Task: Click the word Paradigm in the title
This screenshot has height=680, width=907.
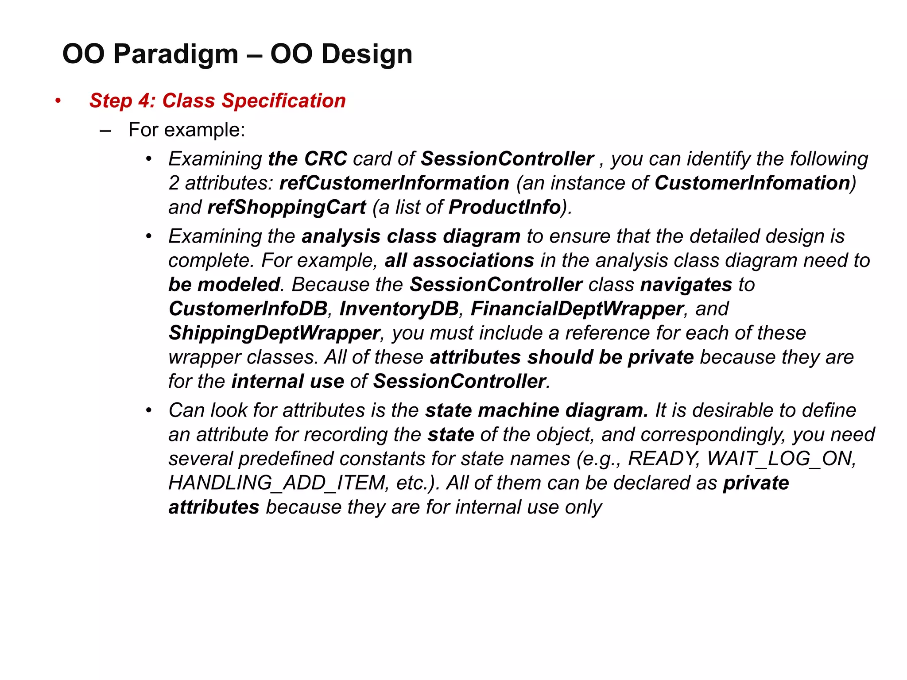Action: pyautogui.click(x=176, y=54)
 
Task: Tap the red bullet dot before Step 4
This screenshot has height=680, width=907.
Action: pyautogui.click(x=58, y=100)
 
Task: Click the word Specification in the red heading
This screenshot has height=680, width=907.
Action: pyautogui.click(x=283, y=101)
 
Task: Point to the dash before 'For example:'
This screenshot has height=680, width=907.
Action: pyautogui.click(x=105, y=131)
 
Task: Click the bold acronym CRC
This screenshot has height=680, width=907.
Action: pyautogui.click(x=326, y=159)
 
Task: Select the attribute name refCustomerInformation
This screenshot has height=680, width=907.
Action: pyautogui.click(x=394, y=183)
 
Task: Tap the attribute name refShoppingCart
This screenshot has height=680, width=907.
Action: pyautogui.click(x=287, y=207)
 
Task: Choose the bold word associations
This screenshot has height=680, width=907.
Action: pyautogui.click(x=473, y=260)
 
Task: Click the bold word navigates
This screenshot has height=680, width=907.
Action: pyautogui.click(x=686, y=285)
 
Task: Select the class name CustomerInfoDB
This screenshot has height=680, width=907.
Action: pyautogui.click(x=248, y=309)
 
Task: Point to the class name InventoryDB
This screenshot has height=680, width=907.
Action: pyautogui.click(x=399, y=309)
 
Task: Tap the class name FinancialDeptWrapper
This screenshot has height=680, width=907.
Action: pyautogui.click(x=577, y=309)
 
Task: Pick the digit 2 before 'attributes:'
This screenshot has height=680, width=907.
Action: pyautogui.click(x=174, y=183)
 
